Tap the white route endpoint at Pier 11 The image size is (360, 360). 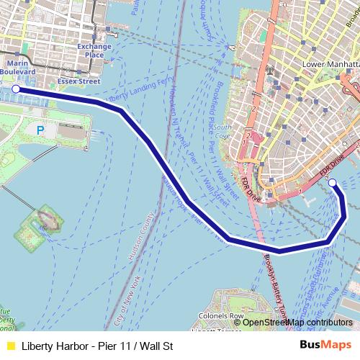pos(333,184)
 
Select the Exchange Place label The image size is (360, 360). pos(94,51)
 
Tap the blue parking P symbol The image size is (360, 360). pos(40,130)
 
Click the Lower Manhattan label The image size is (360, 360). pos(330,63)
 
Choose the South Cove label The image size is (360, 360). pos(222,131)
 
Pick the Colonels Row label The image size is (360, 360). pos(220,316)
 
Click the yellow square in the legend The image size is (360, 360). pos(10,346)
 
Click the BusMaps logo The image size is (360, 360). pos(325,346)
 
